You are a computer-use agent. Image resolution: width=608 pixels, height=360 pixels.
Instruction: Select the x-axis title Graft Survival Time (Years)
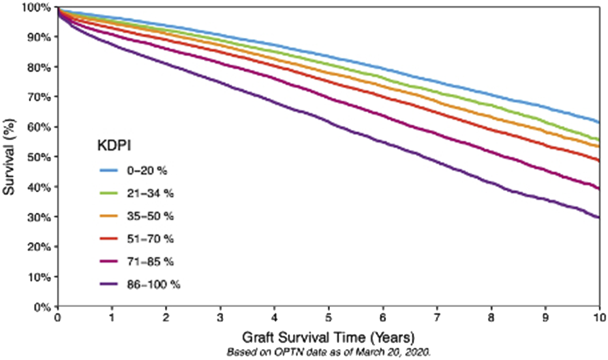[329, 338]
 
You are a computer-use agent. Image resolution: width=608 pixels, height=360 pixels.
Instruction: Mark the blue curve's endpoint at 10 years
[599, 122]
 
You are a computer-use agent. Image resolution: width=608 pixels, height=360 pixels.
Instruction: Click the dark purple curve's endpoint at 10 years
[599, 218]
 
